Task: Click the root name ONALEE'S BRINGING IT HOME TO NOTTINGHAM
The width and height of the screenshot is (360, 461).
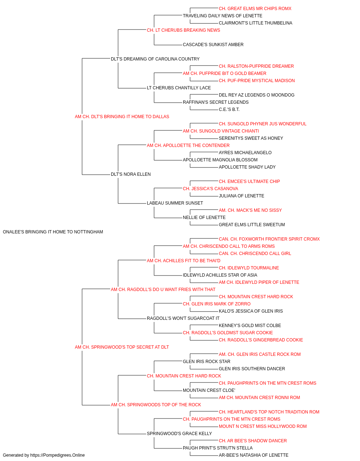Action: tap(53, 232)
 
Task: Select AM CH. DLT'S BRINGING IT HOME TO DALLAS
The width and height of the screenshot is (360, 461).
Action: tap(122, 117)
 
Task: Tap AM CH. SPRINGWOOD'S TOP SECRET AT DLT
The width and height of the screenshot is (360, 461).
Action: tap(122, 347)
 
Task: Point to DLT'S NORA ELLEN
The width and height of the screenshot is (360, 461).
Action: tap(131, 174)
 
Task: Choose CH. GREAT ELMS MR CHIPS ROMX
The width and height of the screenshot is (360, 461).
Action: tap(255, 9)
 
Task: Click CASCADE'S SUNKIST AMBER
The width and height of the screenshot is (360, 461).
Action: tap(213, 45)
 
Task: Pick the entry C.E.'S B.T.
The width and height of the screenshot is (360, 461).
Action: tap(229, 109)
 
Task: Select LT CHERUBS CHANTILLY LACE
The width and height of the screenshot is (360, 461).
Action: tap(179, 88)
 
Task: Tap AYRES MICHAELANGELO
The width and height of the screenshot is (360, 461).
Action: tap(245, 153)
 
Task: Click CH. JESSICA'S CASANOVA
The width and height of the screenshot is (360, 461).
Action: tap(210, 189)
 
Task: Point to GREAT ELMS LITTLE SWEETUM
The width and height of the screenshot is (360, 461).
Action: tap(252, 225)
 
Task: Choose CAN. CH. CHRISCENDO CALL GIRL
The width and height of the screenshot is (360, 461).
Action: tap(255, 254)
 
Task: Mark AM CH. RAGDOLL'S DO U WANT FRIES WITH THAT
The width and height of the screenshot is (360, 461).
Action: tap(163, 289)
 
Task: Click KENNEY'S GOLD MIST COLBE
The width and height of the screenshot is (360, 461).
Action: tap(250, 326)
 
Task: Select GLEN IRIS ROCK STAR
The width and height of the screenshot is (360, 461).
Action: tap(206, 362)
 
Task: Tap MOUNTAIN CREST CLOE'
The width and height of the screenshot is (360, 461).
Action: tap(209, 390)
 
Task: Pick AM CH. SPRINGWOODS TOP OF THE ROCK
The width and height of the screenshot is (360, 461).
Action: tap(156, 405)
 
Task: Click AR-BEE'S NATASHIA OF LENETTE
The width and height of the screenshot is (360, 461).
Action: tap(253, 455)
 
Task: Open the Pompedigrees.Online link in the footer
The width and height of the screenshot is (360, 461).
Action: tap(57, 455)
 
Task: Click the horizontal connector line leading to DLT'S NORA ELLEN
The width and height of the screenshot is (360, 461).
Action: tap(96, 175)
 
